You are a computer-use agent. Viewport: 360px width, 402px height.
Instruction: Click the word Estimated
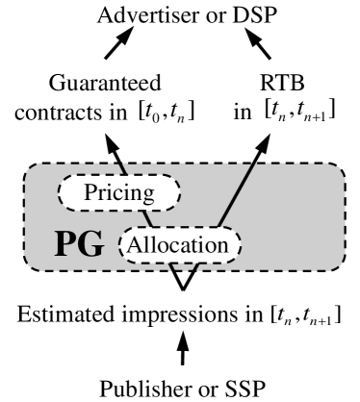pos(63,314)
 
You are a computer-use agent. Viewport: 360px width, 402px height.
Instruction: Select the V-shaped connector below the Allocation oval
pos(180,277)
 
